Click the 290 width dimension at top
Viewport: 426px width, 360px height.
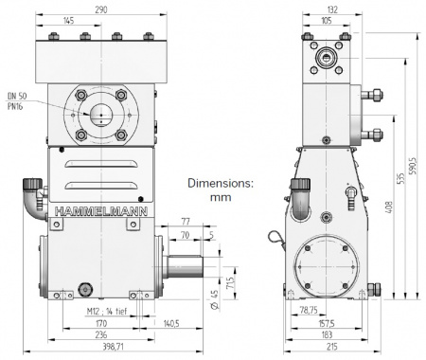pyautogui.click(x=101, y=9)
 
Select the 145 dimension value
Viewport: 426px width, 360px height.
pyautogui.click(x=68, y=21)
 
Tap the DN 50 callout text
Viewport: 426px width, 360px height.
pyautogui.click(x=17, y=97)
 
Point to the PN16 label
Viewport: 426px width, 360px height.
pyautogui.click(x=15, y=106)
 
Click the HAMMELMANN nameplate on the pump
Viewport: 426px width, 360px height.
pyautogui.click(x=101, y=211)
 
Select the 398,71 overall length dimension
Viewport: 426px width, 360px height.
pyautogui.click(x=114, y=347)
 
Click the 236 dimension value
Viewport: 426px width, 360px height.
pyautogui.click(x=101, y=334)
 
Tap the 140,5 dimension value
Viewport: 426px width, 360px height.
pyautogui.click(x=171, y=323)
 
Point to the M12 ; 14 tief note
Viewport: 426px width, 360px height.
pyautogui.click(x=107, y=312)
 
